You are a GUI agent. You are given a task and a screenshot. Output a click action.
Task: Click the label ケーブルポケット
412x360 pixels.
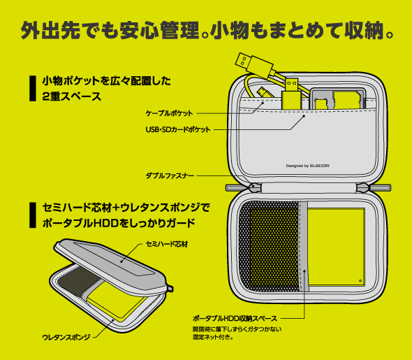coord(169,113)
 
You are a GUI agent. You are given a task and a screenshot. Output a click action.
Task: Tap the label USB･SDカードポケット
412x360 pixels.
coord(178,129)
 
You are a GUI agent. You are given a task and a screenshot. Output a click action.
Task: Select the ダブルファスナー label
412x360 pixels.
coord(170,175)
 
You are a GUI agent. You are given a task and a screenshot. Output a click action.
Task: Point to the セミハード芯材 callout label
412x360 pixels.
coord(167,244)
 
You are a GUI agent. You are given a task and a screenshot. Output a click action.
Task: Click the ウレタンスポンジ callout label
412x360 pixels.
coord(66,337)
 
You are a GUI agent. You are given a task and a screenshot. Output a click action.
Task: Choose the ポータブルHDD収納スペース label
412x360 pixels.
coord(235,319)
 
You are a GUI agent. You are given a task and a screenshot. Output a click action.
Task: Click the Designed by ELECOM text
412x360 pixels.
coord(307,166)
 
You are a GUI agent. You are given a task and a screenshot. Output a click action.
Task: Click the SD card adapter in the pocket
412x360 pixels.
coord(338,99)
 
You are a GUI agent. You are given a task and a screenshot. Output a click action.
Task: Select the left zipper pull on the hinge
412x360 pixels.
coord(254,187)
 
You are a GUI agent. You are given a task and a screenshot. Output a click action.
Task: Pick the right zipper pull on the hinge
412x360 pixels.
coord(363,188)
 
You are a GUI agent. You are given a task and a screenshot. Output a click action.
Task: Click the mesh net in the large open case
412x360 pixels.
coord(269,246)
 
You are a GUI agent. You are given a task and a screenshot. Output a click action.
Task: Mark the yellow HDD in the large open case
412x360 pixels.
coord(336,247)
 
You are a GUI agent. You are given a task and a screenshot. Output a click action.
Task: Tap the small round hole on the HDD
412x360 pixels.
coord(360,281)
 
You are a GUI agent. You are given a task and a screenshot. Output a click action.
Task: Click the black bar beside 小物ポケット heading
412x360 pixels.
coord(33,88)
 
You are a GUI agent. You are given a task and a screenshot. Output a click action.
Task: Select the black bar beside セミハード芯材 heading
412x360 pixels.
coord(33,215)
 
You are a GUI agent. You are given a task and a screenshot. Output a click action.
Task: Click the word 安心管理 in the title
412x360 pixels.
coord(160,30)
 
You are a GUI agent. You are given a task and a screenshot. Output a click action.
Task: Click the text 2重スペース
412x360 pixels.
coord(72,96)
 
